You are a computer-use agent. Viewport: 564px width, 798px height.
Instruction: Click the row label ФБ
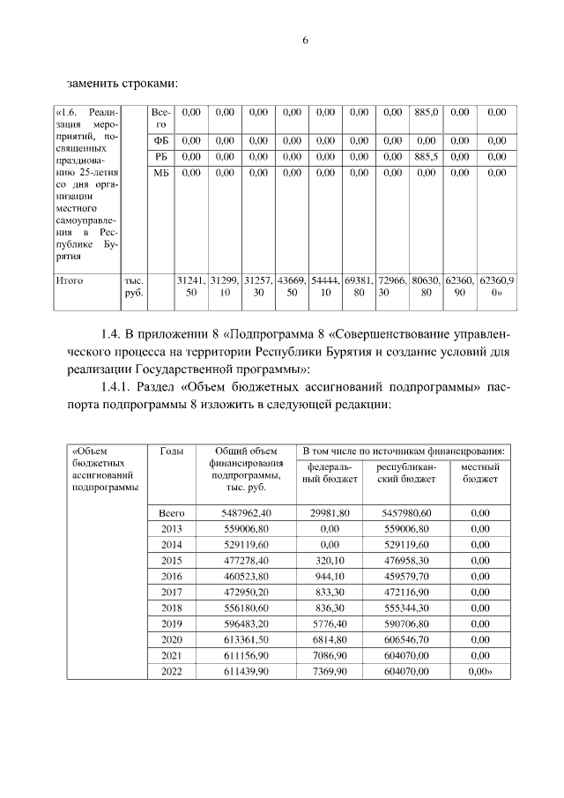pos(160,140)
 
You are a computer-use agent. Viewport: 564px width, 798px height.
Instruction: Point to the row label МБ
pos(160,173)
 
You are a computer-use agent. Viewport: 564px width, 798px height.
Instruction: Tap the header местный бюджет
pos(480,472)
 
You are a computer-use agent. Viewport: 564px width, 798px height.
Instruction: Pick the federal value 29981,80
pos(330,511)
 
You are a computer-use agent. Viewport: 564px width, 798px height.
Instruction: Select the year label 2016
pos(171,576)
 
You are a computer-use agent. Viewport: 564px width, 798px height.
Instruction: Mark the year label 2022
pos(171,672)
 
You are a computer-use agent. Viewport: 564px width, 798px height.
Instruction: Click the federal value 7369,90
pos(330,672)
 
